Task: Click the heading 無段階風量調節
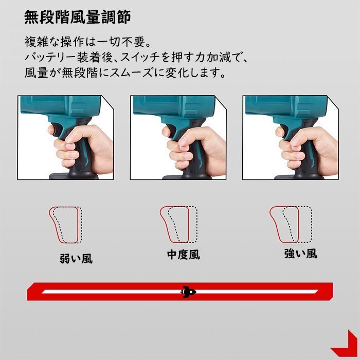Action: (x=78, y=17)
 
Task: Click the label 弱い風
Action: (x=76, y=258)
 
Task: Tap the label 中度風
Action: (x=184, y=255)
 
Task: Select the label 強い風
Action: (x=301, y=253)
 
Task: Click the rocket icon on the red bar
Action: (x=188, y=292)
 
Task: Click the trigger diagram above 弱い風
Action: (x=65, y=225)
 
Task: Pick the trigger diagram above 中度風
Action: (x=178, y=224)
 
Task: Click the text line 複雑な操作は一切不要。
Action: (x=87, y=40)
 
